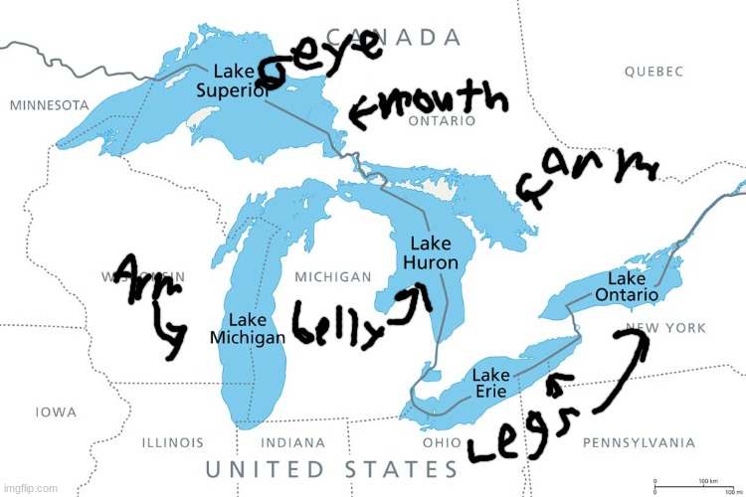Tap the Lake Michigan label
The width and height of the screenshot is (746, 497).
point(247,329)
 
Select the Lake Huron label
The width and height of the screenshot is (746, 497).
point(430,253)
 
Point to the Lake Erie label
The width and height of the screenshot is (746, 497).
point(490,384)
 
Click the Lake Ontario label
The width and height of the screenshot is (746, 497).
point(627,286)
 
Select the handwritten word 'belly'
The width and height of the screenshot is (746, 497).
point(338,324)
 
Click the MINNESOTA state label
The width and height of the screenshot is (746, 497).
point(49,104)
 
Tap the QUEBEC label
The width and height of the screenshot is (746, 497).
point(653,72)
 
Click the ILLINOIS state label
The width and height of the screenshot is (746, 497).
point(172,442)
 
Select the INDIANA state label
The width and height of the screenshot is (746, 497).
point(294,442)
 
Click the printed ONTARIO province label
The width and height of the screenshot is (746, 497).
point(442,121)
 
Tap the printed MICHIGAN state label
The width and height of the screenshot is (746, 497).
point(332,276)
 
